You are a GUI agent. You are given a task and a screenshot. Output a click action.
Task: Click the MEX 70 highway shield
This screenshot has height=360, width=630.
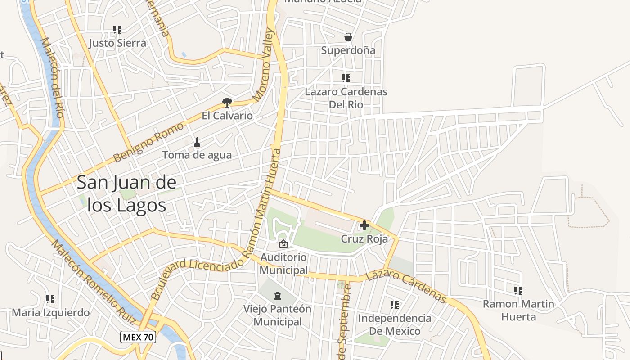[x=138, y=337]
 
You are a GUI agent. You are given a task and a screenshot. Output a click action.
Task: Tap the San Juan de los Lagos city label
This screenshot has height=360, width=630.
[x=126, y=194]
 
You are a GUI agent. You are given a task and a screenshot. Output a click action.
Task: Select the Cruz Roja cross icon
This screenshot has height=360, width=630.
[x=364, y=225]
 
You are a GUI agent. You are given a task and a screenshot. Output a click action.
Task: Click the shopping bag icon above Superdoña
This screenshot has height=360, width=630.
[x=348, y=37]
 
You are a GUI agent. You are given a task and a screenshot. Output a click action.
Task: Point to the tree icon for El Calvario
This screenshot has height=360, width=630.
[x=227, y=103]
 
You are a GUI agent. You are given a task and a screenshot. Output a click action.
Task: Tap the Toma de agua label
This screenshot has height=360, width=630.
[x=197, y=155]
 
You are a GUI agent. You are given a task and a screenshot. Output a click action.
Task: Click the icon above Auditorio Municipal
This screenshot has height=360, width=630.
[x=283, y=244]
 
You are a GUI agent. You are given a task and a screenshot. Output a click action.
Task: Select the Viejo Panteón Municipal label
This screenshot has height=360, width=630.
[x=278, y=315]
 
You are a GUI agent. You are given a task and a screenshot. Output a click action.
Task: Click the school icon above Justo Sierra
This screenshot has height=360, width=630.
[x=117, y=30]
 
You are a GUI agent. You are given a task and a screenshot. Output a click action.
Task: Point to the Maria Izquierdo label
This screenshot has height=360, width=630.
[x=51, y=312]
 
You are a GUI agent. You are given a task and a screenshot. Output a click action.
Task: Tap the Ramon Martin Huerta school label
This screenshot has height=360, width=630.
[x=518, y=310]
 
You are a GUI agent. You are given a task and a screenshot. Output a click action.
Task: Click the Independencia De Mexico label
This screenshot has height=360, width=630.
[x=395, y=324]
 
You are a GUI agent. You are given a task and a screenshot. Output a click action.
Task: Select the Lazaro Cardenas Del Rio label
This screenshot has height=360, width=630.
[x=346, y=98]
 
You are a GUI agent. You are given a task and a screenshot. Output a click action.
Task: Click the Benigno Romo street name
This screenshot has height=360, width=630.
[x=148, y=142]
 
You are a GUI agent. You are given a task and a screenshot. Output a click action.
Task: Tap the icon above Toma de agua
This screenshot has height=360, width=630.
[x=197, y=143]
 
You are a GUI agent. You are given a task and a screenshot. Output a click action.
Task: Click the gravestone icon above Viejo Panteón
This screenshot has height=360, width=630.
[x=278, y=296]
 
